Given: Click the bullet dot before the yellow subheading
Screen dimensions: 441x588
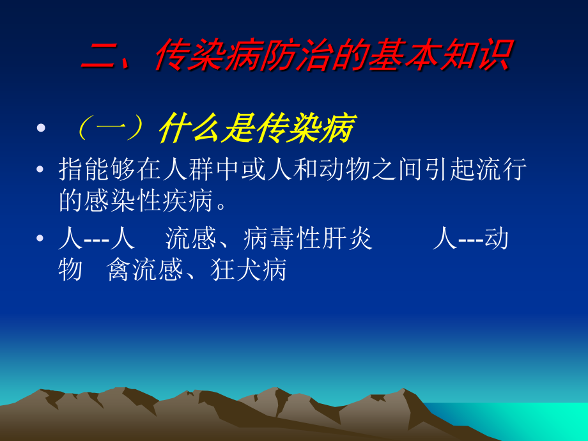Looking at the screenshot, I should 42,128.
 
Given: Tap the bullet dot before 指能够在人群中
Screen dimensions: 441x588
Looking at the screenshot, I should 42,170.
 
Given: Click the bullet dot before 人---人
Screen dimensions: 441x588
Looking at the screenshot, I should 42,240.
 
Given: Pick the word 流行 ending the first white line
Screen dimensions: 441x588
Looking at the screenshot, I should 502,171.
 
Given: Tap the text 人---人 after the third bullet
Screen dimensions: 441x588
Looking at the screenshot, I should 97,240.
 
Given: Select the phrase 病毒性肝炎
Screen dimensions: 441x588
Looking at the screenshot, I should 307,240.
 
